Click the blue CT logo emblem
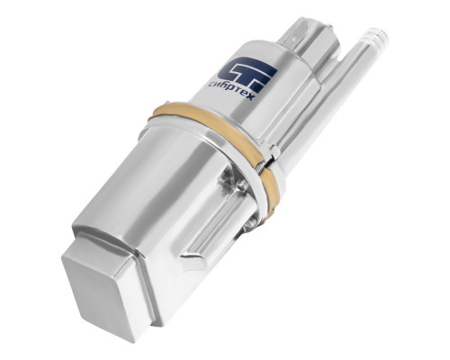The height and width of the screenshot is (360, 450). [x=247, y=75]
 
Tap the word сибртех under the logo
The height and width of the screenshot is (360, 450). [x=231, y=91]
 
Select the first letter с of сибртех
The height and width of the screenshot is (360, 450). [x=211, y=85]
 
